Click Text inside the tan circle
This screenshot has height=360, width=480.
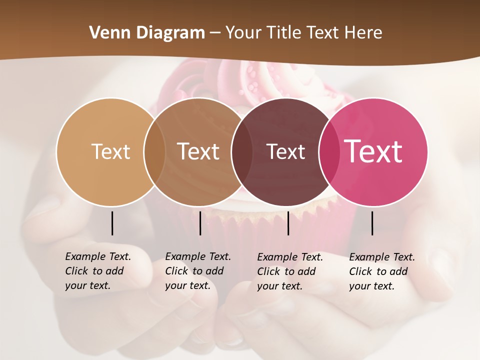(x=110, y=151)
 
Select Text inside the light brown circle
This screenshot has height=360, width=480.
(x=198, y=151)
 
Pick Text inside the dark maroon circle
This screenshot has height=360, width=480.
(x=285, y=151)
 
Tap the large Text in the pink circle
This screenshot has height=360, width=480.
(x=373, y=151)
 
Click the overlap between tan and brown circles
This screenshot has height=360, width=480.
(x=154, y=151)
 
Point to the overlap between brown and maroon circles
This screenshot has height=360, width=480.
(x=241, y=151)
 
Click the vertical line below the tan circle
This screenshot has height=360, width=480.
(x=112, y=223)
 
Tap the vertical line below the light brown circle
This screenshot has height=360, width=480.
(x=200, y=223)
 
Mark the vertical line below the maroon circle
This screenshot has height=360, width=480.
(x=288, y=223)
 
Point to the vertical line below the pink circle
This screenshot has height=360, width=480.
(x=372, y=223)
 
